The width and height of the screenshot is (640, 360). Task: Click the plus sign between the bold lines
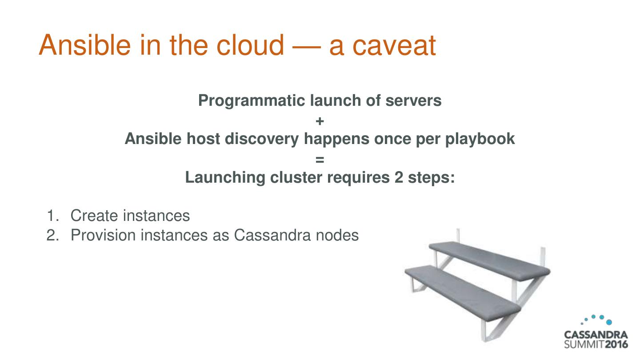320,120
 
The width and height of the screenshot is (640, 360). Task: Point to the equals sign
320,159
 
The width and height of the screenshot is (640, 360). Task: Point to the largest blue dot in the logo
609,322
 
